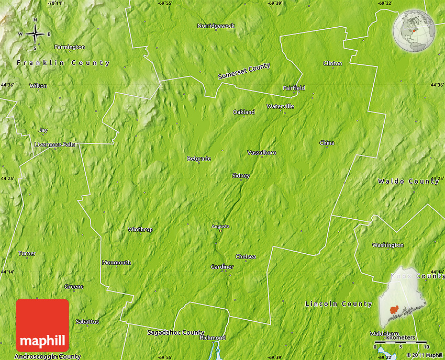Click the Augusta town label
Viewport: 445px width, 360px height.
(x=220, y=226)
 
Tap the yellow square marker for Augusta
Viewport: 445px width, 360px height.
(x=221, y=231)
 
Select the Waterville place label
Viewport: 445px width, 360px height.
(x=280, y=106)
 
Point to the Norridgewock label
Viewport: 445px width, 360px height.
(x=216, y=26)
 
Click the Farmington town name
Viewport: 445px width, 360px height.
(x=69, y=47)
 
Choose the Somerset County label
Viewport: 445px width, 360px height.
(x=244, y=72)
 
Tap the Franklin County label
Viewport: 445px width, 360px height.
(x=63, y=63)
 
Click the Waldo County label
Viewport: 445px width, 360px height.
(x=408, y=181)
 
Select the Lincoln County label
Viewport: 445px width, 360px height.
(x=338, y=303)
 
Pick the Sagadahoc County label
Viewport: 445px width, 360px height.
(x=175, y=332)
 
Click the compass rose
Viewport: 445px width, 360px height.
(x=35, y=35)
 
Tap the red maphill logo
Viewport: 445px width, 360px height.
(x=42, y=325)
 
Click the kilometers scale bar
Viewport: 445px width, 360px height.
(x=400, y=342)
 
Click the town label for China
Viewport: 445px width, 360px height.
(x=327, y=143)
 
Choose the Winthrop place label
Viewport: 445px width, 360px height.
(x=140, y=229)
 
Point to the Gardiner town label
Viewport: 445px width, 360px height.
(x=222, y=267)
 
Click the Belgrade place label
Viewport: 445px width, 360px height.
(x=199, y=159)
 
